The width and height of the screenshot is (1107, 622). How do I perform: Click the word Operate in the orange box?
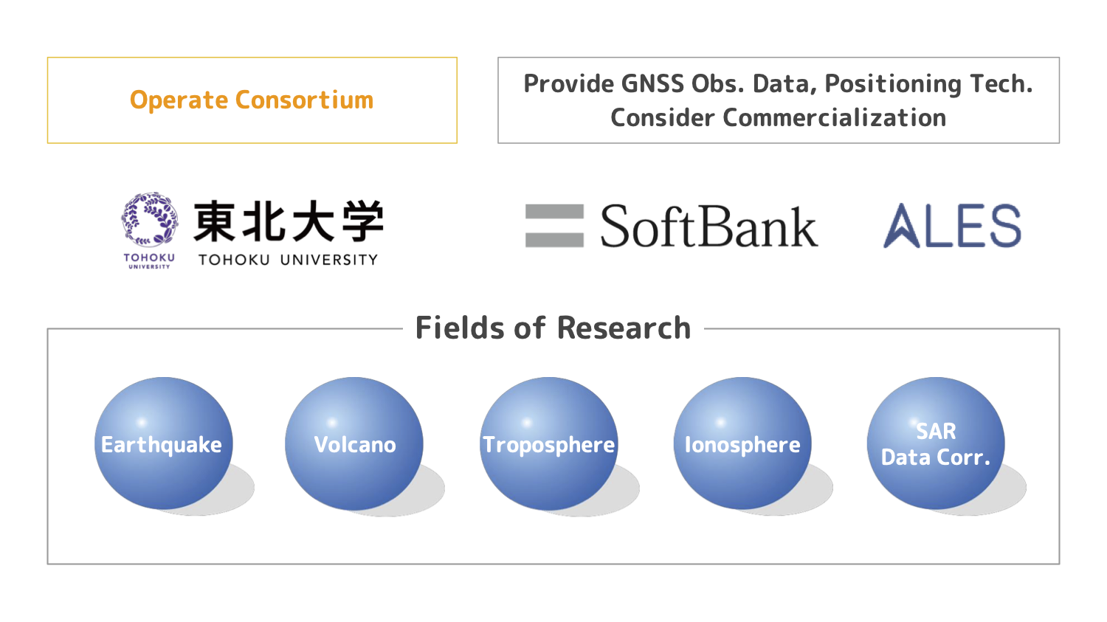pyautogui.click(x=179, y=101)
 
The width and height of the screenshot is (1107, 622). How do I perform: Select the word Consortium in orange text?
pyautogui.click(x=304, y=100)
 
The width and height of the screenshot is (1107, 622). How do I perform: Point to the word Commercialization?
pyautogui.click(x=834, y=117)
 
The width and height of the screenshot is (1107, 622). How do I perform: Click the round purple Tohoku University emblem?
pyautogui.click(x=150, y=219)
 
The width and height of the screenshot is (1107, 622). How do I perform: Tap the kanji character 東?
pyautogui.click(x=214, y=221)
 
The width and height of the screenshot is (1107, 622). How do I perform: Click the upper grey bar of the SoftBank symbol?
pyautogui.click(x=554, y=212)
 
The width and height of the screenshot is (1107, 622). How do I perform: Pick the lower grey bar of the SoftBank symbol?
pyautogui.click(x=554, y=240)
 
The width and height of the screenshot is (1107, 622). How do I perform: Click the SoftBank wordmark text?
pyautogui.click(x=709, y=226)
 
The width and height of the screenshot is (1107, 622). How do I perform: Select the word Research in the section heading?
pyautogui.click(x=624, y=328)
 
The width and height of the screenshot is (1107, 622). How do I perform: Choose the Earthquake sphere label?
pyautogui.click(x=162, y=446)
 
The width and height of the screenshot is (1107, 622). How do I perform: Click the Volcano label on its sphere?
pyautogui.click(x=355, y=445)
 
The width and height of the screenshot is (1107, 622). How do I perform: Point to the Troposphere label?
pyautogui.click(x=548, y=446)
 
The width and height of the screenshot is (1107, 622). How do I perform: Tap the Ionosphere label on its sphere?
pyautogui.click(x=742, y=446)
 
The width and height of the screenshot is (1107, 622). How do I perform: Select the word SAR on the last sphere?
pyautogui.click(x=936, y=432)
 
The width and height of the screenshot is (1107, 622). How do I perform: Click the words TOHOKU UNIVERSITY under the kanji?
pyautogui.click(x=288, y=260)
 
